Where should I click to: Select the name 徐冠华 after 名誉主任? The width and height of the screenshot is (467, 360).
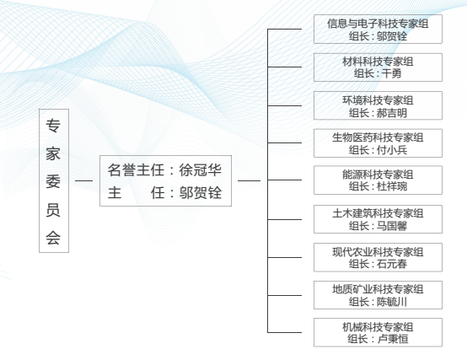(x=200, y=170)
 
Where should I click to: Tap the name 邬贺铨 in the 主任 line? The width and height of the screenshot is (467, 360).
(x=200, y=193)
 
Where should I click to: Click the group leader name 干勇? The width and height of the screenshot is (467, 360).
(x=391, y=73)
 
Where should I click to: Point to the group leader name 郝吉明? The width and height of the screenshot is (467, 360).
(x=392, y=113)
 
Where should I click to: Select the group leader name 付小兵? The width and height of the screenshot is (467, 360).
(x=392, y=150)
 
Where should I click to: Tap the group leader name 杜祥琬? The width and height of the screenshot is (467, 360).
(x=392, y=186)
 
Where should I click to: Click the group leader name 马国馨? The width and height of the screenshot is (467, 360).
(x=392, y=226)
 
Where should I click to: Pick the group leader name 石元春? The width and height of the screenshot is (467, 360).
(x=392, y=264)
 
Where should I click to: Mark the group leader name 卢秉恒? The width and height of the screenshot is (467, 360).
(x=393, y=339)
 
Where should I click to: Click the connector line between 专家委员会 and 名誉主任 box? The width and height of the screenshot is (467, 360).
(x=84, y=180)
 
